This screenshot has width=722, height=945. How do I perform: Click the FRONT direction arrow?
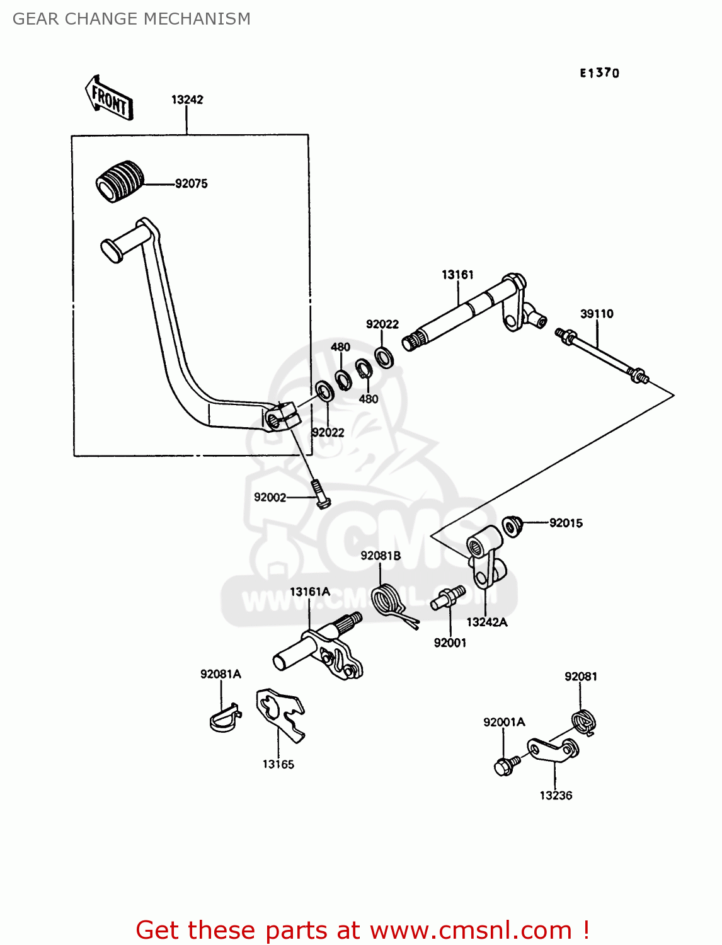coord(109,98)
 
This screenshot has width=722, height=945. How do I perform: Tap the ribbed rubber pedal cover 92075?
coord(120,181)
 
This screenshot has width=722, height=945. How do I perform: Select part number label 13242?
coord(187,100)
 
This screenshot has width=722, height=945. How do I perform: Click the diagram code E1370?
coord(599,73)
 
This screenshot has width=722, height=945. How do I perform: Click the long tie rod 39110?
coord(602,356)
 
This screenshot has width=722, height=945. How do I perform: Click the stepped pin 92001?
coord(449,598)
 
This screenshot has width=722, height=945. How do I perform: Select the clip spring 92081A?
coord(224,719)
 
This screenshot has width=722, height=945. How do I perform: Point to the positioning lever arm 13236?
coord(553,750)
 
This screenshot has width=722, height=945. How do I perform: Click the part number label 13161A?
coord(309,592)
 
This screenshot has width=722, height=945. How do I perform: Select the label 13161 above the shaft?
coord(457,275)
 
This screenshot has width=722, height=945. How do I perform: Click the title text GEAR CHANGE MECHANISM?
coord(132,19)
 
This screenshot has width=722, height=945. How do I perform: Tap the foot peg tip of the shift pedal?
coord(112,249)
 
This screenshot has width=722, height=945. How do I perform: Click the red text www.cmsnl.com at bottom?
coord(471,930)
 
